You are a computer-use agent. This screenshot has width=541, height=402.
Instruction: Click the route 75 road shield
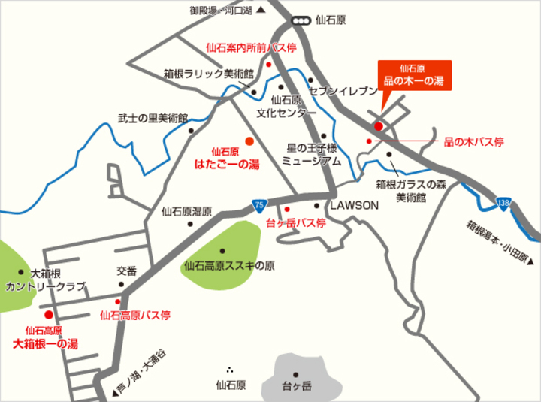click(x=258, y=204)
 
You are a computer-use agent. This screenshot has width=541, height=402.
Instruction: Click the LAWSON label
click(x=355, y=204)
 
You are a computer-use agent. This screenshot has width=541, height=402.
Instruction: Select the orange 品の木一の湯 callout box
click(x=415, y=75)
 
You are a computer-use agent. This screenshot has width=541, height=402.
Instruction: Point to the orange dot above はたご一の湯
click(x=249, y=141)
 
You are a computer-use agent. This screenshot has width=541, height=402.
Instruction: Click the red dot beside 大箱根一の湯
click(x=49, y=314)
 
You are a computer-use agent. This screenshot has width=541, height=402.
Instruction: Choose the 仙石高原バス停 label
click(x=135, y=315)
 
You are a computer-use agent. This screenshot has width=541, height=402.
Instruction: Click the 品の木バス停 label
click(x=473, y=141)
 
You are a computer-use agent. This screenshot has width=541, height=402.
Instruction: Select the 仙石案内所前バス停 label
click(x=251, y=47)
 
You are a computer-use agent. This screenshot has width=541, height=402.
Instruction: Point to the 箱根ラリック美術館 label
click(x=208, y=74)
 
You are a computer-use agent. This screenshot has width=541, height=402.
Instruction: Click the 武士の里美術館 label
click(x=152, y=118)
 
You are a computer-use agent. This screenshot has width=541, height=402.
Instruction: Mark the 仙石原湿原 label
click(x=186, y=212)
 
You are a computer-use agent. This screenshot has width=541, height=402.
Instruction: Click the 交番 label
click(x=126, y=271)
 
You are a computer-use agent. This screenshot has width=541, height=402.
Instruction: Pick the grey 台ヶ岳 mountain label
click(x=296, y=386)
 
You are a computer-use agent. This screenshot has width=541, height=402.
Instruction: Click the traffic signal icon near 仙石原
click(x=302, y=21)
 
